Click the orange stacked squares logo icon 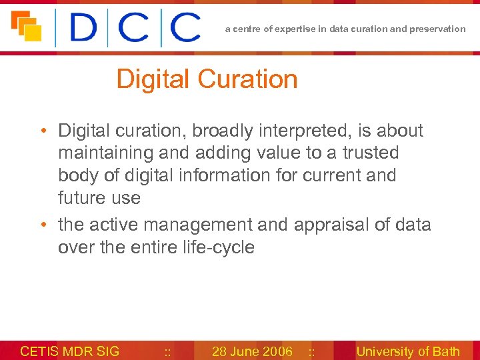(x=27, y=26)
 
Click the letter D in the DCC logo (x=84, y=29)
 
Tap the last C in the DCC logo (x=185, y=29)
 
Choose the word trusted (x=370, y=153)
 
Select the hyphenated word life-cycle (x=217, y=247)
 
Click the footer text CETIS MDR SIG (x=70, y=351)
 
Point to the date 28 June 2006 (x=252, y=351)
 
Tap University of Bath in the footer (x=408, y=351)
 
